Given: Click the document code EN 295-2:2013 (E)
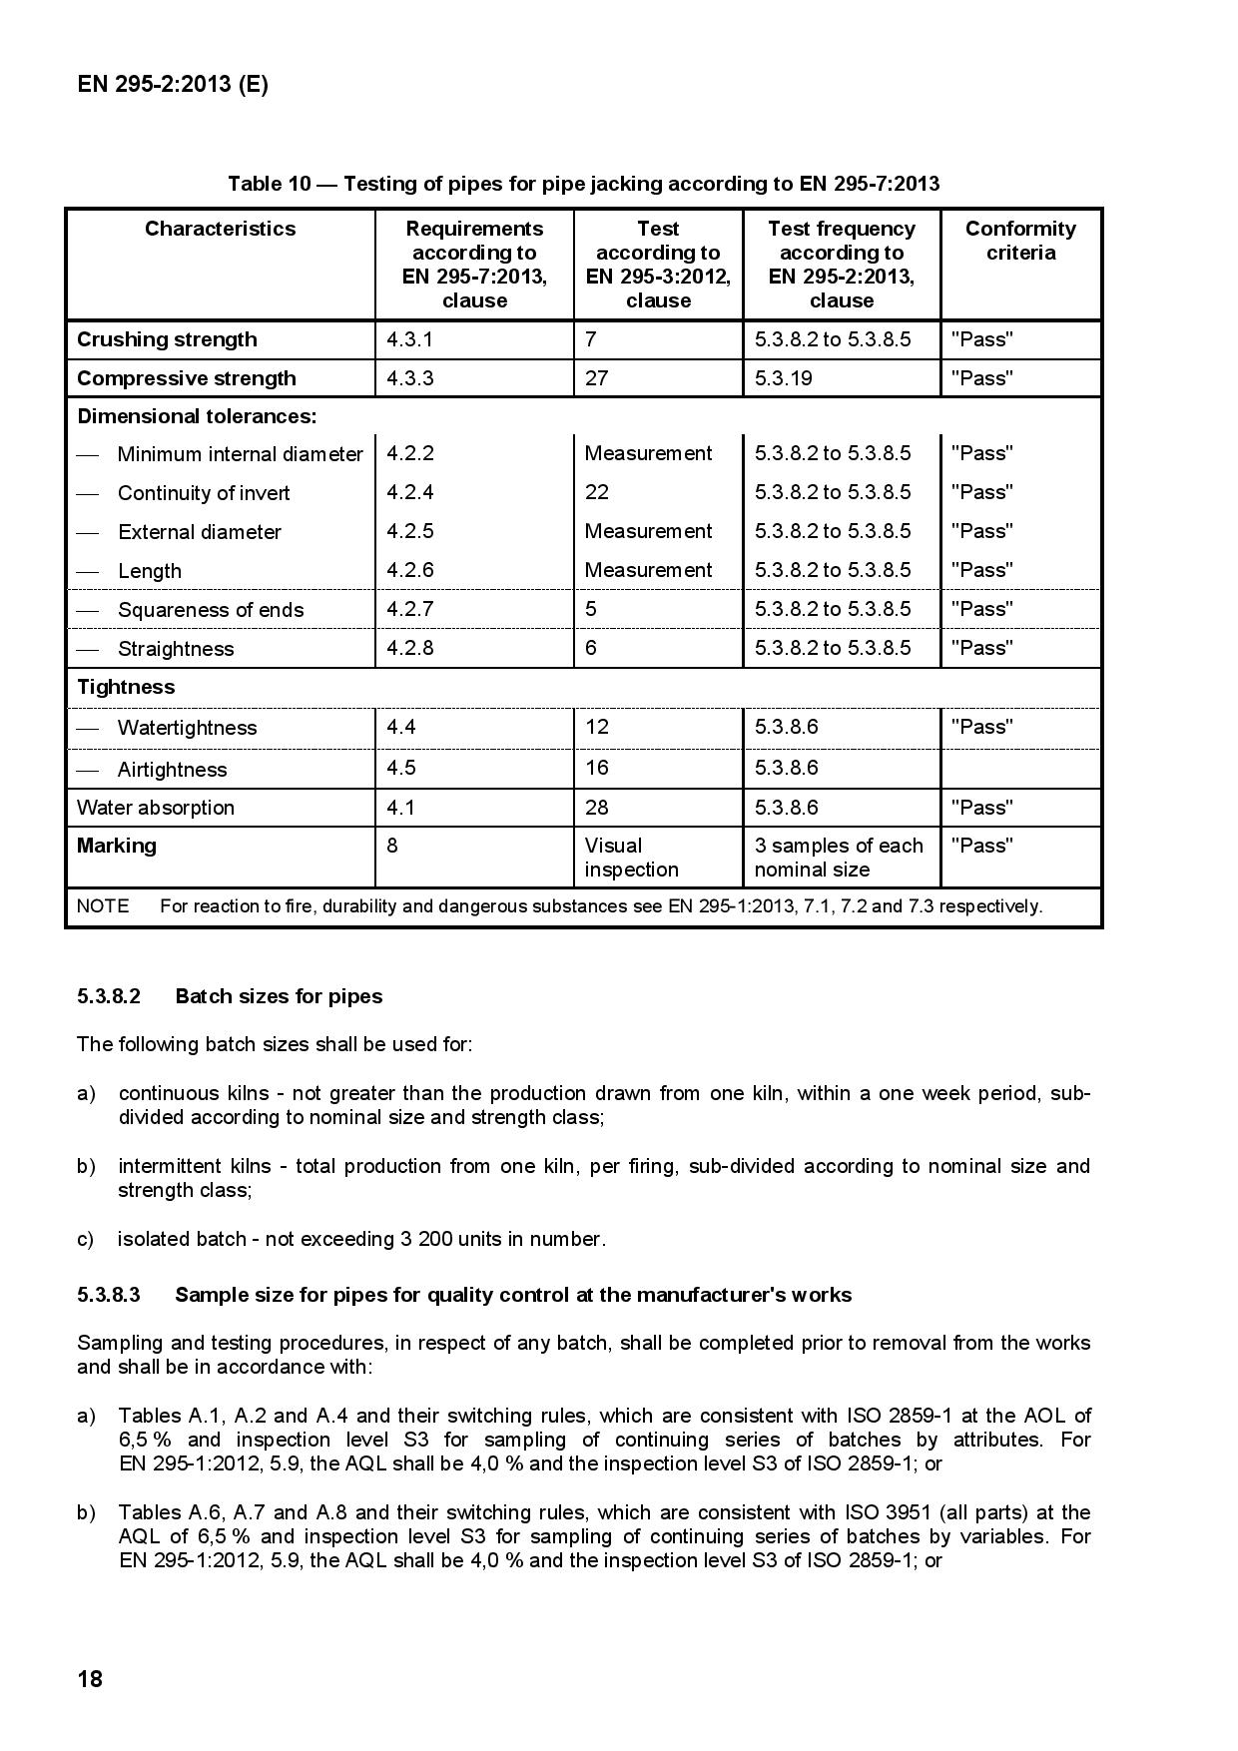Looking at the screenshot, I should [172, 84].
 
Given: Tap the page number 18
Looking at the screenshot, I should [90, 1679].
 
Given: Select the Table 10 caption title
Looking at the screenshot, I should [583, 184].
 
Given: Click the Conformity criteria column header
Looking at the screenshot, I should [1020, 241].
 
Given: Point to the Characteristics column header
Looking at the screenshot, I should [220, 229].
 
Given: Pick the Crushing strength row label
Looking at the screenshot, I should [167, 339].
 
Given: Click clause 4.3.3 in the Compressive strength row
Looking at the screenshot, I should [410, 378].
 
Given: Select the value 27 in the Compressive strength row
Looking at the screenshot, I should [596, 378].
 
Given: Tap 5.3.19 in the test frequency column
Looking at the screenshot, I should [784, 378].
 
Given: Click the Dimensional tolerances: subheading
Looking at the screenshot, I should [197, 416].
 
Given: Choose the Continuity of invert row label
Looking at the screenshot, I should [204, 493].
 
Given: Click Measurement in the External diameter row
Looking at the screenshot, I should [648, 531].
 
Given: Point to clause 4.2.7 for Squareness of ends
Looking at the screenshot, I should [410, 609].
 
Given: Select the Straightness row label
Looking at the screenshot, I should [176, 649].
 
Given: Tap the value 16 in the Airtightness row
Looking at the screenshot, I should [596, 768].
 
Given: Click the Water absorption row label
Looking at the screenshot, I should [156, 808].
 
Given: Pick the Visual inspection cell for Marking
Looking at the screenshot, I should [631, 858].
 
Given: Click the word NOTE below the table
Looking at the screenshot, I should [103, 906].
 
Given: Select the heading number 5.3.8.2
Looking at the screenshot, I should [109, 996].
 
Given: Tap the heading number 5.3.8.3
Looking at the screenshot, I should [109, 1295].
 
